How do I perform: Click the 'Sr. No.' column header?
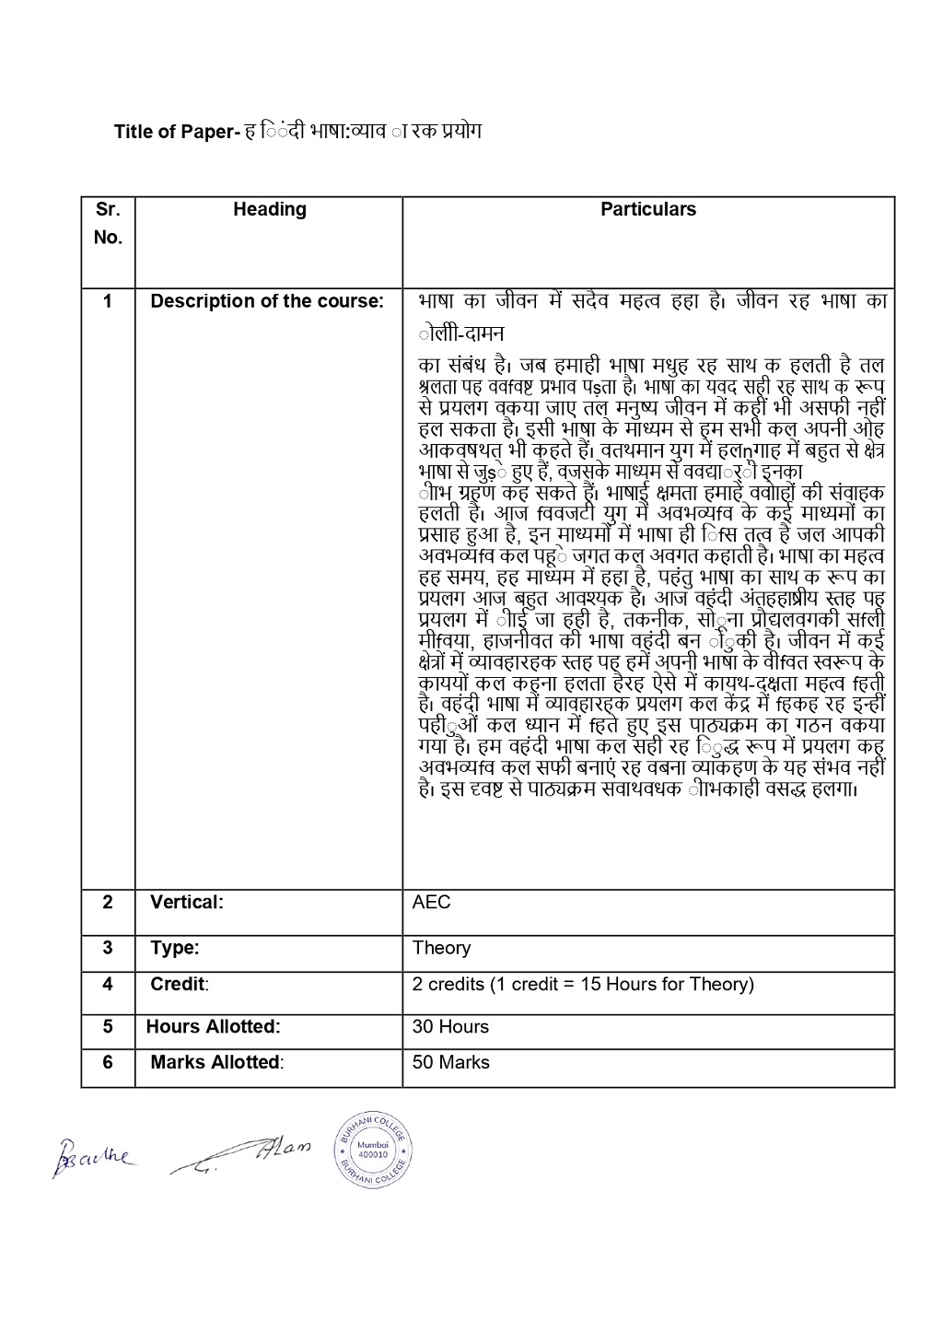tap(108, 223)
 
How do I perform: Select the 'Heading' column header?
tap(269, 209)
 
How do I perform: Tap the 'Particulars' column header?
tap(648, 209)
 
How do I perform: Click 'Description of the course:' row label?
tap(267, 301)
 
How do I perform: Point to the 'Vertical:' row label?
tap(187, 902)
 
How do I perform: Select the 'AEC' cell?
tap(432, 902)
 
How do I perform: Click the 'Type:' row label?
tap(175, 948)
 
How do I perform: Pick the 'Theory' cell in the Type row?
tap(441, 948)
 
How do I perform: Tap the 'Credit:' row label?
tap(180, 984)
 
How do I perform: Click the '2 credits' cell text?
tap(583, 984)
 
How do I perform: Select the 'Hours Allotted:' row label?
tap(214, 1026)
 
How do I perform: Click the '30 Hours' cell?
tap(450, 1026)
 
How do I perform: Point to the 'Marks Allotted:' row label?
tap(216, 1062)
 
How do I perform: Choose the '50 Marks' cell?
tap(450, 1062)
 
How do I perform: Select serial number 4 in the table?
tap(108, 984)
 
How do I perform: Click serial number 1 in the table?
tap(108, 301)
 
